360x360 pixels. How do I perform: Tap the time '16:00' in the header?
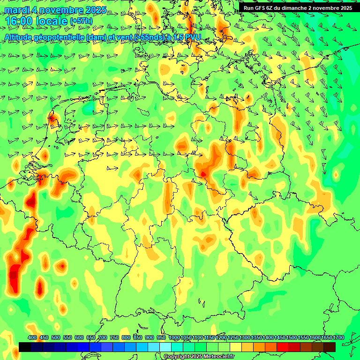coord(19,21)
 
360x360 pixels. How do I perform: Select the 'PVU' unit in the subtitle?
coord(193,37)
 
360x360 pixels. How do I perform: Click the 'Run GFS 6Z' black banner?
coord(298,8)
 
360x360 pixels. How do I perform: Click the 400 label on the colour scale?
coord(32,338)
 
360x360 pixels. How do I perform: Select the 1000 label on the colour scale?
coord(174,338)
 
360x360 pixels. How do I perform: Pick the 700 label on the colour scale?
coord(103,338)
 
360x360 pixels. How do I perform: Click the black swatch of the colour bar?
coord(25,347)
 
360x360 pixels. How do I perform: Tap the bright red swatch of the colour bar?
coord(283,347)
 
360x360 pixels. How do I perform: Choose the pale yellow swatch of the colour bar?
coord(236,347)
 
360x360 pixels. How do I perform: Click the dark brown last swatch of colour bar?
coord(330,347)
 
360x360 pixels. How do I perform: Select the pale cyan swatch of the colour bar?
coord(165,347)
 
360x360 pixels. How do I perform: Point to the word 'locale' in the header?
coord(52,21)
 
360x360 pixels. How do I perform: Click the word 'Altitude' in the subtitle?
coord(19,37)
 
